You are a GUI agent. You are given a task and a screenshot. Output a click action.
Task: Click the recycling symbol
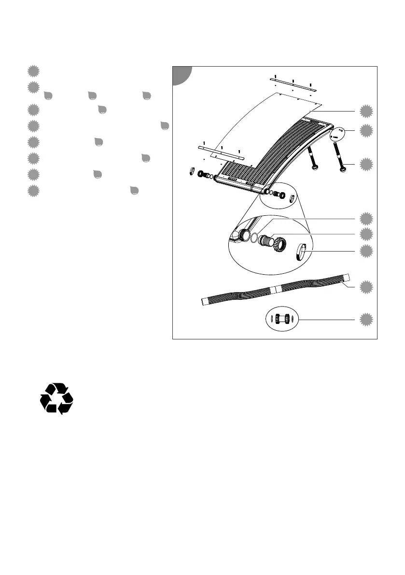[x=56, y=398]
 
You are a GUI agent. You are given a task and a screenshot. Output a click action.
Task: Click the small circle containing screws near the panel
[x=337, y=134]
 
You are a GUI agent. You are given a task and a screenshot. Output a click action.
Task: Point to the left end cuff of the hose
[x=205, y=302]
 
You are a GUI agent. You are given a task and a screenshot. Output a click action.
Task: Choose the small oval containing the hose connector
[x=282, y=319]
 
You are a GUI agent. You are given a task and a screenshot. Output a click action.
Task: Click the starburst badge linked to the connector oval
[x=367, y=320]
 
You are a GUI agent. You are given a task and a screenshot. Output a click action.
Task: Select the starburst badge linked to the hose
[x=367, y=288]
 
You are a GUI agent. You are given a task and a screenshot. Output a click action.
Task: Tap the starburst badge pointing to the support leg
[x=367, y=164]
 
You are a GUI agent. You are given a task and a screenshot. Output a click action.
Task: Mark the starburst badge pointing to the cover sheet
[x=367, y=112]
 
